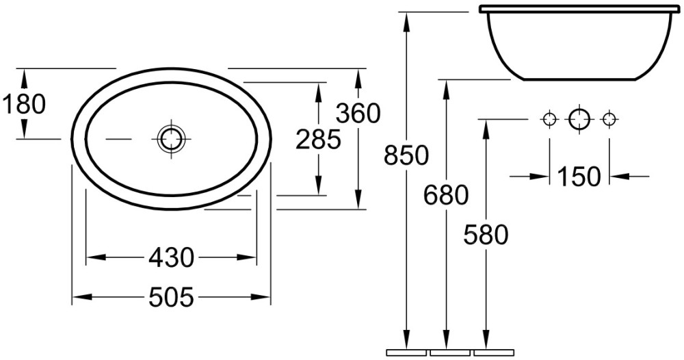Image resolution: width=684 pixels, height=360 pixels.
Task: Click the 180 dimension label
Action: click(24, 105)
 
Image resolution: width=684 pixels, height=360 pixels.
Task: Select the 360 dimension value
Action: click(358, 114)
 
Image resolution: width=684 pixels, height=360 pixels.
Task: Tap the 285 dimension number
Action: click(318, 140)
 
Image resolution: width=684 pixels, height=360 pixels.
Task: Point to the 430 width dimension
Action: click(171, 257)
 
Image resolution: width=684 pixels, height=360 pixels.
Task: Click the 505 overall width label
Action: click(171, 298)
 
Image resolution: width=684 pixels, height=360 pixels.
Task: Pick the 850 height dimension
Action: click(406, 155)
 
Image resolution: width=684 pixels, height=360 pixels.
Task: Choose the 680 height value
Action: click(446, 194)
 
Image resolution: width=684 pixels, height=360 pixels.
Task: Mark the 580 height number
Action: click(486, 235)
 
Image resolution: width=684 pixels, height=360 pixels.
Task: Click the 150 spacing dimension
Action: click(579, 177)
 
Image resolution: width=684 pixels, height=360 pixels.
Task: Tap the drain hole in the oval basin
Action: click(171, 139)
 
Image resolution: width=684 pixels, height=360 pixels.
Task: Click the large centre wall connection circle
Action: click(579, 118)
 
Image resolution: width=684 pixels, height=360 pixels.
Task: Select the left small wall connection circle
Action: click(549, 118)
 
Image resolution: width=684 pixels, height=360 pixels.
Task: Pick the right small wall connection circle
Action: click(609, 118)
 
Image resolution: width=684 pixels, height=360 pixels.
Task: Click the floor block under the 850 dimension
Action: click(406, 352)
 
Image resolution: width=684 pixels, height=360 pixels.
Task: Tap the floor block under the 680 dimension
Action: click(450, 352)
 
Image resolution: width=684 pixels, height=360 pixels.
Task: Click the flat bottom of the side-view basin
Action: click(579, 80)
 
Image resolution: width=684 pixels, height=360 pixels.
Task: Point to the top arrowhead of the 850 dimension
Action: click(406, 20)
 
